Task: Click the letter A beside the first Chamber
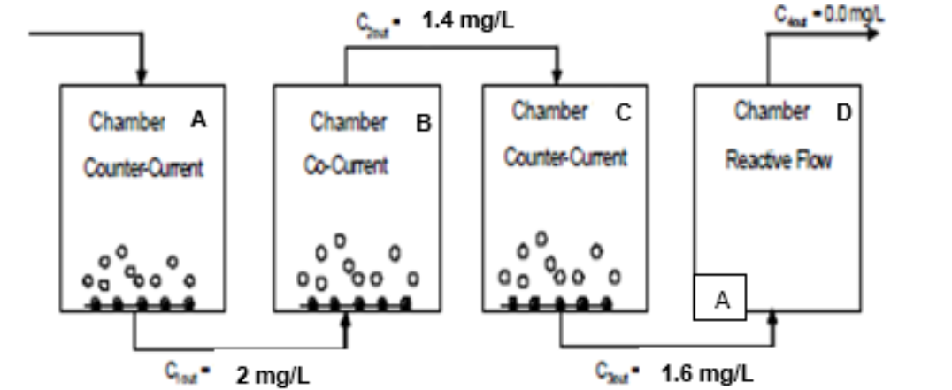click(199, 123)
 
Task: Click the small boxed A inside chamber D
click(721, 299)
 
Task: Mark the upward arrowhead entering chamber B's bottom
click(346, 317)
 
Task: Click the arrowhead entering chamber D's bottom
click(773, 316)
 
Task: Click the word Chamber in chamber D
click(772, 112)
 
